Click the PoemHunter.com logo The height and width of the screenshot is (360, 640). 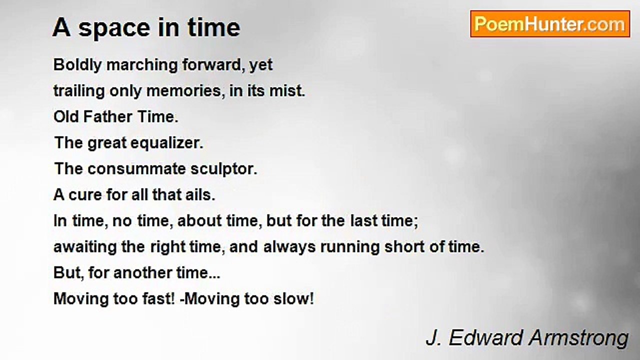[550, 24]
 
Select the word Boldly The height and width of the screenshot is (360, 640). [77, 65]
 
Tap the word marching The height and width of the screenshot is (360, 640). [142, 65]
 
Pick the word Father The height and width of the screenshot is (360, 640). [107, 117]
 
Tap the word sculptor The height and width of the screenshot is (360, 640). [224, 169]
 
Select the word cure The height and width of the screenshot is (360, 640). [85, 195]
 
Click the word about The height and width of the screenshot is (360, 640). [199, 221]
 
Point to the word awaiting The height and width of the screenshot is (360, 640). [85, 247]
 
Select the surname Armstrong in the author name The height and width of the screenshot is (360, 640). [578, 338]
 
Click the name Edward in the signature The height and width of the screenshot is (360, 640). [486, 337]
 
